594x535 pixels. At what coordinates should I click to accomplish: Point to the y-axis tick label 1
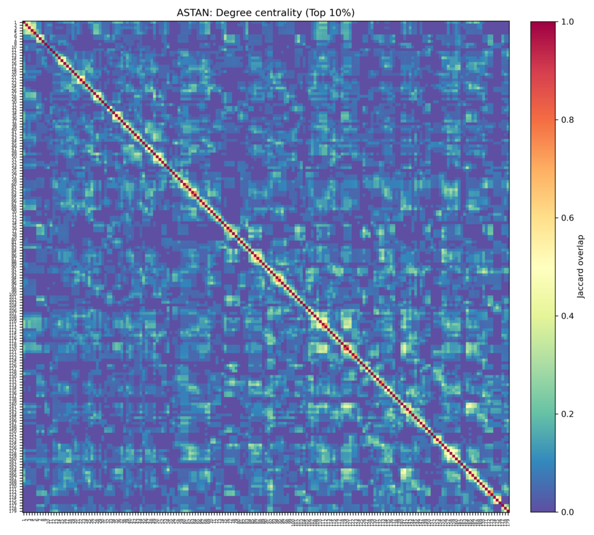(16, 23)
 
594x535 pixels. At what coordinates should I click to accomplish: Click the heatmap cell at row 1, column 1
(24, 23)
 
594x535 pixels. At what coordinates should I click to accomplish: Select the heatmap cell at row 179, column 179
(508, 511)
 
